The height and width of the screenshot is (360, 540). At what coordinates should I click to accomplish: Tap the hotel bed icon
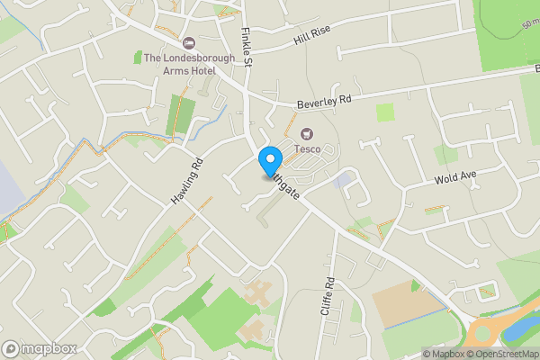click(189, 42)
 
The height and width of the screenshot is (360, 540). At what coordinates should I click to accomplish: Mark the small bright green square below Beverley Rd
click(385, 112)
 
